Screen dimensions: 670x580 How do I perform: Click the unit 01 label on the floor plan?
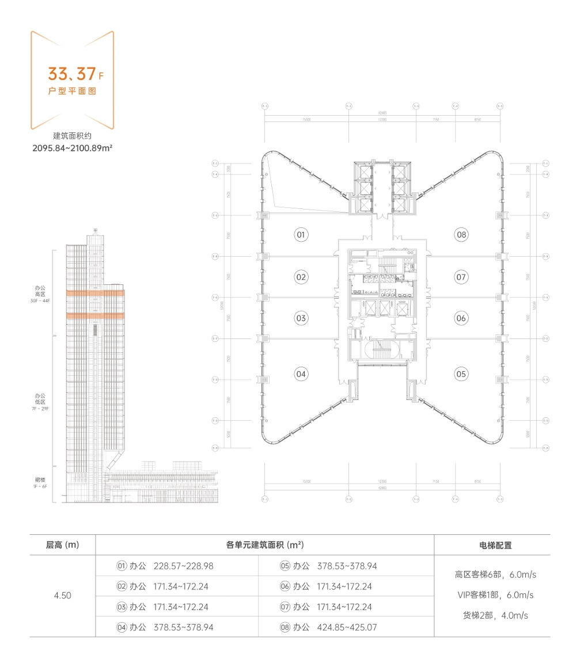[301, 235]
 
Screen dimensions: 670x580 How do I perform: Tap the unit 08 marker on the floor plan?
[461, 235]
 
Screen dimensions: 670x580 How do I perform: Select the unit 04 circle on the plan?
[301, 374]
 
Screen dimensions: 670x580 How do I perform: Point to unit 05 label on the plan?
[461, 374]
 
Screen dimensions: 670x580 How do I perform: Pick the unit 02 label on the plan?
[301, 277]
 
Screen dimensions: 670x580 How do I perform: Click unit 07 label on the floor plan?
[461, 277]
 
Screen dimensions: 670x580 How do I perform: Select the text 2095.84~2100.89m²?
[72, 148]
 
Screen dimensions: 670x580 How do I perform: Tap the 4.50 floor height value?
[62, 596]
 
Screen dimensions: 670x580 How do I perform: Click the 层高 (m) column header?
[62, 545]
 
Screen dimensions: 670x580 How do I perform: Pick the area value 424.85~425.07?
[347, 627]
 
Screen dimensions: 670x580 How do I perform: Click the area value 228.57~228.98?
[184, 566]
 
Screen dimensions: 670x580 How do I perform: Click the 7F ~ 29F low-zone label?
[42, 408]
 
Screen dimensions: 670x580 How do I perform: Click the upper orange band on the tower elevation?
[96, 294]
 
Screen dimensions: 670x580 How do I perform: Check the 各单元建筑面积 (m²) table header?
[265, 545]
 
